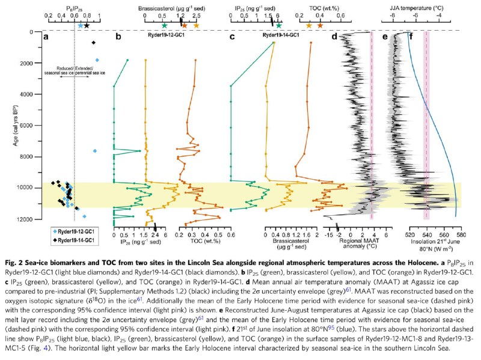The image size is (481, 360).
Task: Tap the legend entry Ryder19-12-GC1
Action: (x=78, y=231)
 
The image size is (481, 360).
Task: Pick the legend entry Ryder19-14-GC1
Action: (x=78, y=239)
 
